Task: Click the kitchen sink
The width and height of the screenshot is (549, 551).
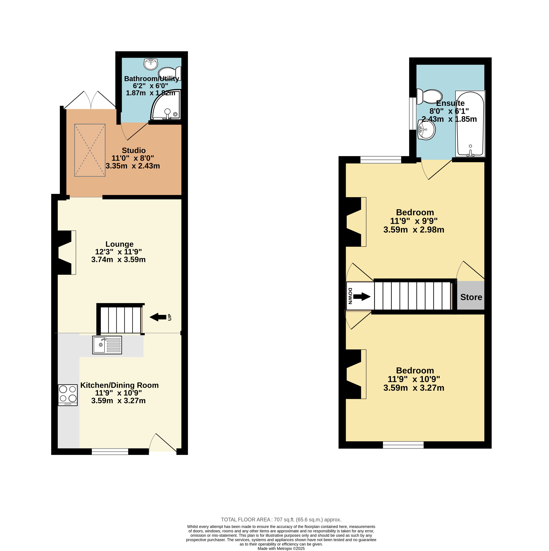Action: coord(107,345)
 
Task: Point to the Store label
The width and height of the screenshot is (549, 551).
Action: coord(471,297)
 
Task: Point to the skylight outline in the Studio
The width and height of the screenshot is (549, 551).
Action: coord(90,150)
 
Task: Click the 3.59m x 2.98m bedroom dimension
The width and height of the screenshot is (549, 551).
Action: coord(414,230)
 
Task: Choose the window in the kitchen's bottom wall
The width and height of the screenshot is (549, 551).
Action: coord(110,452)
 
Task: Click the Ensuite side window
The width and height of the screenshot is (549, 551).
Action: coord(413,113)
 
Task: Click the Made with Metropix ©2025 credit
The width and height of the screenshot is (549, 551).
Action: coord(281,548)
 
